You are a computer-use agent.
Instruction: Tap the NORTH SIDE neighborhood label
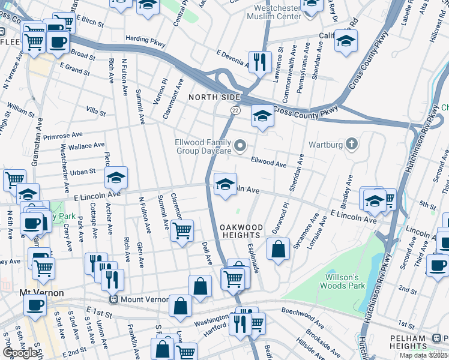[214, 97]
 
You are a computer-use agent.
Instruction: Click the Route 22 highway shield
[235, 110]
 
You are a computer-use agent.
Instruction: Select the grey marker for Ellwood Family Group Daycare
[241, 146]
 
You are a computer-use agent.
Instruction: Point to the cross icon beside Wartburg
[351, 144]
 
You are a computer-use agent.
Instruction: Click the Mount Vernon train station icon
[112, 299]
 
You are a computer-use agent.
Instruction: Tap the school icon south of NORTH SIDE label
[262, 115]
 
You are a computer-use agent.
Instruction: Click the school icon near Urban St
[116, 176]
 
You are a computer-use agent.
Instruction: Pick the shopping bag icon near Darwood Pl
[278, 248]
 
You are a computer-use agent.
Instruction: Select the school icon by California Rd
[346, 41]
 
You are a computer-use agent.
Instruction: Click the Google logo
[20, 353]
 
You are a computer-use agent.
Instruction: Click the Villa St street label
[95, 112]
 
